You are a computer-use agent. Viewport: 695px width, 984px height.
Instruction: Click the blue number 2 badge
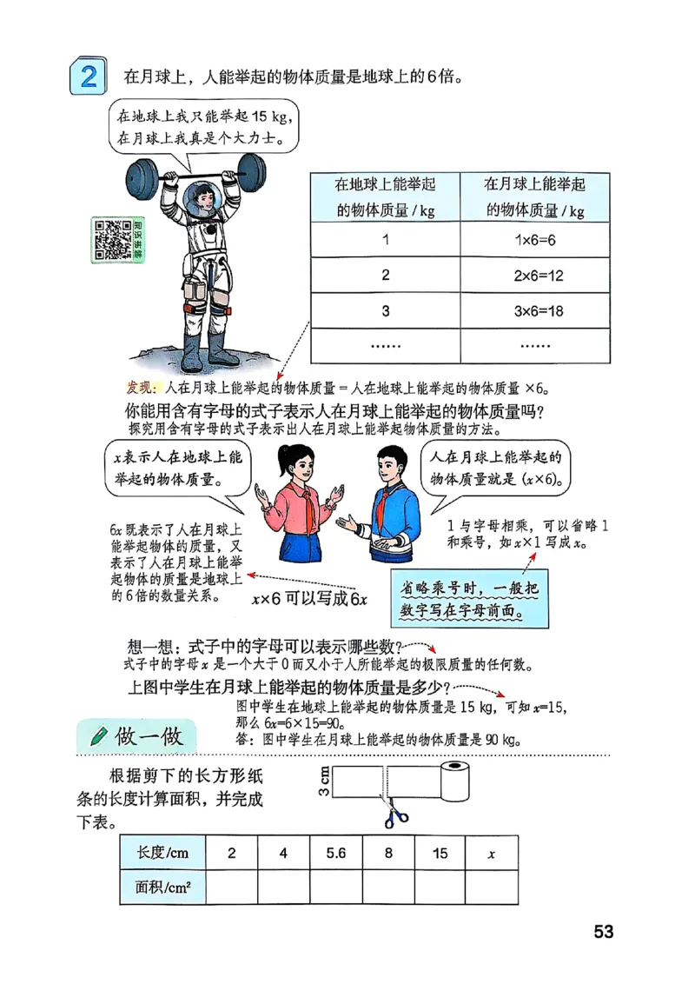click(87, 75)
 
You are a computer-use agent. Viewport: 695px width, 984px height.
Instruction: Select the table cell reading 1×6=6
click(534, 239)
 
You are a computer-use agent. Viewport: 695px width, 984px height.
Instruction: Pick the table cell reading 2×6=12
click(534, 276)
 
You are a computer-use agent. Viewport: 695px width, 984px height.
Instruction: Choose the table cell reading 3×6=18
click(534, 310)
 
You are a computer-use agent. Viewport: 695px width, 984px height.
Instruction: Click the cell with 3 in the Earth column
click(385, 310)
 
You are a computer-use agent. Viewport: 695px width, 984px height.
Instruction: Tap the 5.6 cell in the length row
click(336, 853)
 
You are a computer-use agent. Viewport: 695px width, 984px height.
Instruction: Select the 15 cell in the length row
click(440, 853)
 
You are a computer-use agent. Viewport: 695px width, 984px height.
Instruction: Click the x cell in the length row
click(492, 853)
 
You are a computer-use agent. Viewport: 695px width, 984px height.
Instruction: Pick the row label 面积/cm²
click(162, 888)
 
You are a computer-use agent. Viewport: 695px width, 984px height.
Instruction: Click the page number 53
click(604, 932)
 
